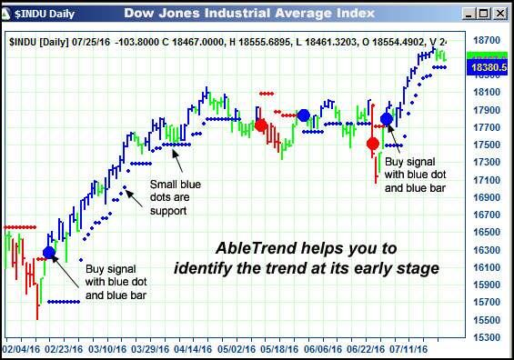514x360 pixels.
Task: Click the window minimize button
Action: point(470,14)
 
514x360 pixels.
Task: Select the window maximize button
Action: point(485,14)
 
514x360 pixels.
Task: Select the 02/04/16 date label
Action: point(20,348)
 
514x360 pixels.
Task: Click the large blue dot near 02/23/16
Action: point(49,252)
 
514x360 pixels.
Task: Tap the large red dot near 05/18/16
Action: point(261,125)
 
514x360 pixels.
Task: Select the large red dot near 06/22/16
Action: point(373,144)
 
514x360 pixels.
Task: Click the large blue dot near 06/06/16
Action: point(304,115)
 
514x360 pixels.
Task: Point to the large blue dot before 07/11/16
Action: point(387,119)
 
